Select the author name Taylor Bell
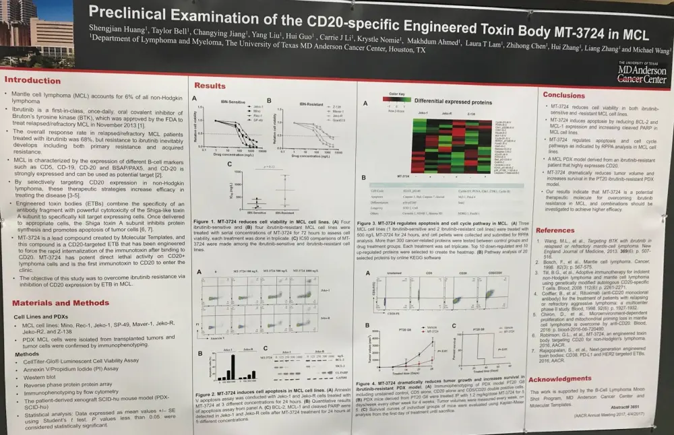[171, 32]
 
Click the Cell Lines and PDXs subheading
[42, 316]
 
